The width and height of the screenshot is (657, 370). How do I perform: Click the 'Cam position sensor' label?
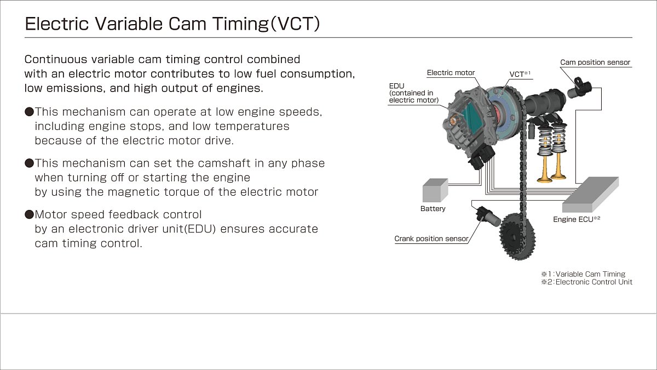coord(595,62)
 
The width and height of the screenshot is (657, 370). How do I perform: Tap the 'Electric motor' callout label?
coord(451,73)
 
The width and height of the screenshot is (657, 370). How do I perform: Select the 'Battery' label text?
coord(433,209)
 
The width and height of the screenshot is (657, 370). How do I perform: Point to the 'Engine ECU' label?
coord(577,219)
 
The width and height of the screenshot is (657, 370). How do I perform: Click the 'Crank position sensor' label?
coord(431,239)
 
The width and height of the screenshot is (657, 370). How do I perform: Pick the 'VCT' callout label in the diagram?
coord(520,74)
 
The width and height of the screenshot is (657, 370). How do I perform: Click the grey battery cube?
coord(435,190)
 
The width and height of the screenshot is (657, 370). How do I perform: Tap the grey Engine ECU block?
coord(590,195)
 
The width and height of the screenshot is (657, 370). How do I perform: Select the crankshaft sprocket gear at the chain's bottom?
coord(517,236)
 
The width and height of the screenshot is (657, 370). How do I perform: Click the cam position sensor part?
coord(579,88)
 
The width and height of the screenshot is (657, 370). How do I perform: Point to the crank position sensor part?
coord(488,217)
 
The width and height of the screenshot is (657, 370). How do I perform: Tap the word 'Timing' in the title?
coord(240,24)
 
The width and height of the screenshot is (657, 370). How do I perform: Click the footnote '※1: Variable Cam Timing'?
coord(583,274)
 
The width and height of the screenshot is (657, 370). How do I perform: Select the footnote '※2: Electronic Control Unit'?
coord(586,282)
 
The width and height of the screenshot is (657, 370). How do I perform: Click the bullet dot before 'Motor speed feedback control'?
coord(30,215)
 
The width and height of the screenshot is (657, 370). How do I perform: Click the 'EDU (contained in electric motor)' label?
coord(413,93)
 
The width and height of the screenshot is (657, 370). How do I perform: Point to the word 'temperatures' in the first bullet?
coord(252,127)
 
